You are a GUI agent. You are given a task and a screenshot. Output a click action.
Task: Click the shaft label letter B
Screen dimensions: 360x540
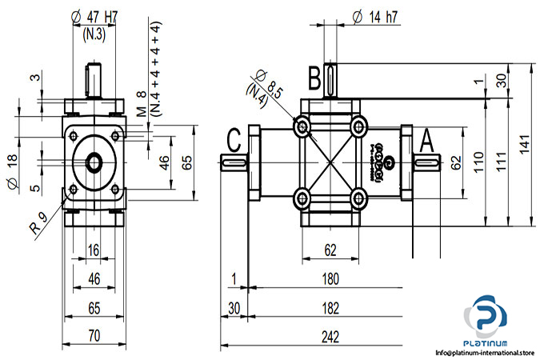[314, 78]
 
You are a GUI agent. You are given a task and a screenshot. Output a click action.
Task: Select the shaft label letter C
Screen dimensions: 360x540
[234, 140]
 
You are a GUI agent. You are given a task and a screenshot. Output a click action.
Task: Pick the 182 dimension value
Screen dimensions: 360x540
[330, 307]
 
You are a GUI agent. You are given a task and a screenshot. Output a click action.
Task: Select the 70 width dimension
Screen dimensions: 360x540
[94, 337]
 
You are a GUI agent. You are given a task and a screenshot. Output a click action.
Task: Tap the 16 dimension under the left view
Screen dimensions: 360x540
[94, 251]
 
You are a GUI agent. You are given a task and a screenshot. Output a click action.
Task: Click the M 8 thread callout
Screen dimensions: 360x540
[144, 99]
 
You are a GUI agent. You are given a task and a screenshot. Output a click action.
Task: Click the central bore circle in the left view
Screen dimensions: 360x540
[94, 162]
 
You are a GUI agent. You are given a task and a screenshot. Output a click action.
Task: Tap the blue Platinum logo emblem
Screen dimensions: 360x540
[484, 314]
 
